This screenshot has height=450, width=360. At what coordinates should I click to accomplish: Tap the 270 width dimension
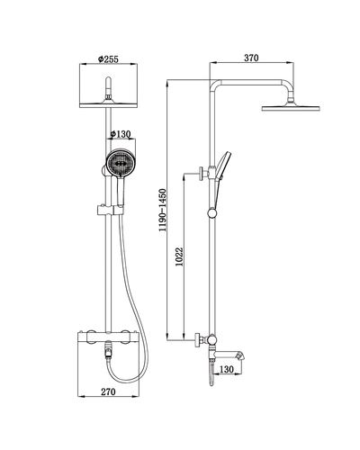(110, 393)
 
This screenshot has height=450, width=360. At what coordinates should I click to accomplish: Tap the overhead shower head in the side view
(286, 110)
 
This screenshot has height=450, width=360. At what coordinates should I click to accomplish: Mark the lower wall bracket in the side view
(200, 340)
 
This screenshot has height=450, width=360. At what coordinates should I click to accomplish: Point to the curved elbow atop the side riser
(216, 88)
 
